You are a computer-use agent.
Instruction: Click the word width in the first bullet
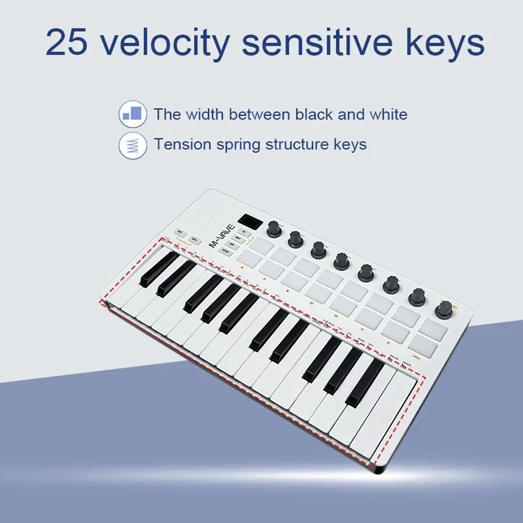tap(205, 114)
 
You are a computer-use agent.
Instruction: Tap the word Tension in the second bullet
tap(180, 144)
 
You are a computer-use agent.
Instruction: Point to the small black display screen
tap(249, 222)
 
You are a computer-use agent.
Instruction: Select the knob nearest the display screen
tap(274, 229)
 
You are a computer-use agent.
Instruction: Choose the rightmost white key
tap(384, 418)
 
